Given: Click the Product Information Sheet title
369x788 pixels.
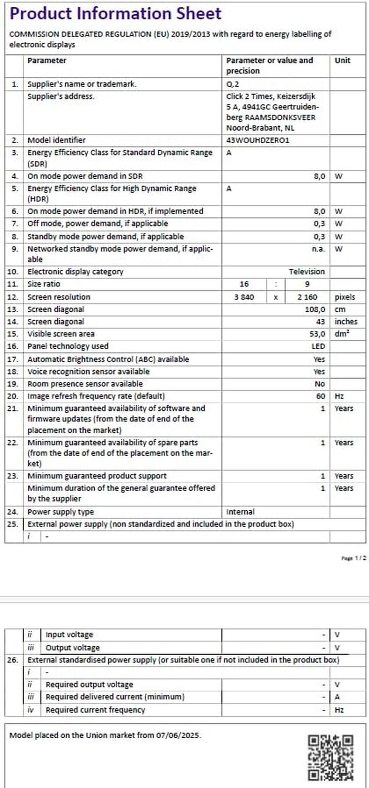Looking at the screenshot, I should pos(115,13).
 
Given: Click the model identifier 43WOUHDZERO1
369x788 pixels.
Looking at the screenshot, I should pos(258,140).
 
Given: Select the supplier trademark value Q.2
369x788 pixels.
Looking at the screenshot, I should pos(232,84).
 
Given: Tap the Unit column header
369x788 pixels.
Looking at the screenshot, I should pos(342,61).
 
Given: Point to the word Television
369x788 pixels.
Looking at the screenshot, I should pos(306,271).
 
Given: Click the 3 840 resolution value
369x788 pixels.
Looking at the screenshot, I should pos(244,297).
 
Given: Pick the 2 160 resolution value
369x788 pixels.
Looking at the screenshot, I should pos(307,297).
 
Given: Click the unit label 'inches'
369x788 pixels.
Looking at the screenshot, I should pos(346,322).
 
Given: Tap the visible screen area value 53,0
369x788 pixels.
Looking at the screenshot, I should pos(316,334).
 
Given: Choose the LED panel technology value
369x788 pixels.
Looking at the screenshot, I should pos(318,346).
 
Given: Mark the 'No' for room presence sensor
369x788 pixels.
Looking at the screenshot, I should pos(320,384).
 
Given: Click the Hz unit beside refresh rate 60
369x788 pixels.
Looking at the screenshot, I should pos(339,396).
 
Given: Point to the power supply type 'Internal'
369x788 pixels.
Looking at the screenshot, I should pos(240,512).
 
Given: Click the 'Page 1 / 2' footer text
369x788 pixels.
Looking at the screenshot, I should pos(354,558).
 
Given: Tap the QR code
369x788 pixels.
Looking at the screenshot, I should pos(331,757).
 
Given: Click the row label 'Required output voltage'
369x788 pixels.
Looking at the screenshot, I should pos(89,685).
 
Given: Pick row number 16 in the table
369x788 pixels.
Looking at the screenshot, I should pos(13,346).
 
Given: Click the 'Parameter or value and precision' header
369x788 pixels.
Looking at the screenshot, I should pos(269,66).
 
